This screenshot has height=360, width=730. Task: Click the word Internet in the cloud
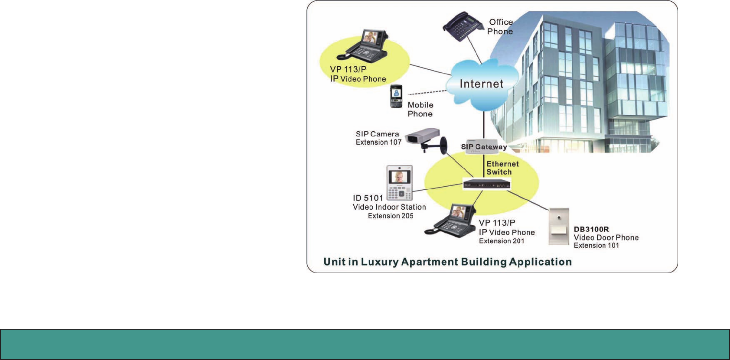coord(481,84)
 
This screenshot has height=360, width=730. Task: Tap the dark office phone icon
coord(462,26)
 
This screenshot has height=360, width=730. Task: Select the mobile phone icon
coord(396,96)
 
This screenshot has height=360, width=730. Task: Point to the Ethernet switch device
coord(487,184)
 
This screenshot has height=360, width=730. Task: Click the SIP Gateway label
coord(484,147)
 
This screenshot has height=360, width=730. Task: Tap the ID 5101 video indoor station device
coord(399,182)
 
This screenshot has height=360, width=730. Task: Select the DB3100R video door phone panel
coord(559,227)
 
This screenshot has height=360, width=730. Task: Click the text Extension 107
coord(378,143)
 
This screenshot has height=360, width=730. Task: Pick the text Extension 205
coord(390,216)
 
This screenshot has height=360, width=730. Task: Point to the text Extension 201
coord(502,241)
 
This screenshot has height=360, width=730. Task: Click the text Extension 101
coord(596,245)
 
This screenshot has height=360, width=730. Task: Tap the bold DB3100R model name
coord(591,229)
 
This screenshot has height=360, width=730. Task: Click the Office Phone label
coord(500,27)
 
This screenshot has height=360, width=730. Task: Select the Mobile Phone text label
coord(420,109)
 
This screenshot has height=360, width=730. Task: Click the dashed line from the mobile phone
coord(427,92)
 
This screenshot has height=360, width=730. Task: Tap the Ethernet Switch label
coord(502,168)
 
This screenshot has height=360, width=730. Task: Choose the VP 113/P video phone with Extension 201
coord(451,220)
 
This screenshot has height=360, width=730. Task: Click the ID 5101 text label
coord(368,198)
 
